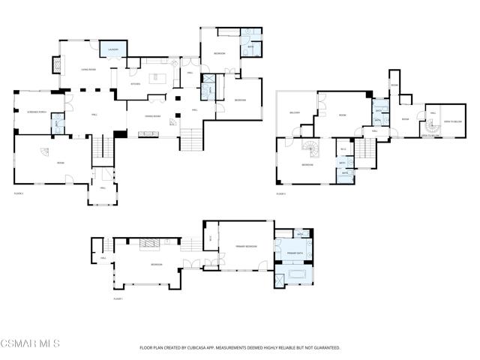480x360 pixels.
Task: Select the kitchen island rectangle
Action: tap(159, 78)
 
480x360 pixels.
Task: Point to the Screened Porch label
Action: tap(37, 112)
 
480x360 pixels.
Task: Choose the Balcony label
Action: tap(295, 113)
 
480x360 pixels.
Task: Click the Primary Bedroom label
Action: tap(246, 246)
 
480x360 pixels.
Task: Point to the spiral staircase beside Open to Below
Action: tap(430, 128)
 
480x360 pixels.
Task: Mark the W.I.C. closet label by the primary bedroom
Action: tap(211, 238)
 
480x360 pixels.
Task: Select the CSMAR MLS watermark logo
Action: tap(30, 344)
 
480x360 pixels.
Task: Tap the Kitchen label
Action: tap(135, 84)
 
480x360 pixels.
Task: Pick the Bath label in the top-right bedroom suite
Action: tap(250, 46)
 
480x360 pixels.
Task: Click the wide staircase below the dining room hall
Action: tap(190, 139)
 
